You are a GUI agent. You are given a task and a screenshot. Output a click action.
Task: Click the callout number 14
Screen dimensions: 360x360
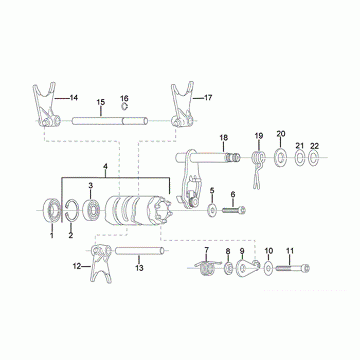click(x=74, y=98)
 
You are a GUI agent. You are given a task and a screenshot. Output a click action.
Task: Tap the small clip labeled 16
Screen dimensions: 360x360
click(x=124, y=106)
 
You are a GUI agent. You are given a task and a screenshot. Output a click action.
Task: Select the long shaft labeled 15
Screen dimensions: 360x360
click(x=110, y=121)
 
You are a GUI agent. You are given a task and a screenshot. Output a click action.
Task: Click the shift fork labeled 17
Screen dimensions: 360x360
click(x=183, y=105)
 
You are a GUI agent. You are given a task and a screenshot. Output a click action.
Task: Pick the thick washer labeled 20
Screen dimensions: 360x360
click(x=280, y=158)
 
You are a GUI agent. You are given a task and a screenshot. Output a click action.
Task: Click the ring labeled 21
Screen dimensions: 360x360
click(x=300, y=158)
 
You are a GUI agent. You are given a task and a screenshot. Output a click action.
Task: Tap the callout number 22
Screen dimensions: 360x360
click(x=314, y=146)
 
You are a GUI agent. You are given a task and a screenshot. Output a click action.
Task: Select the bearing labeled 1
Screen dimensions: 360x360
click(x=52, y=210)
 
